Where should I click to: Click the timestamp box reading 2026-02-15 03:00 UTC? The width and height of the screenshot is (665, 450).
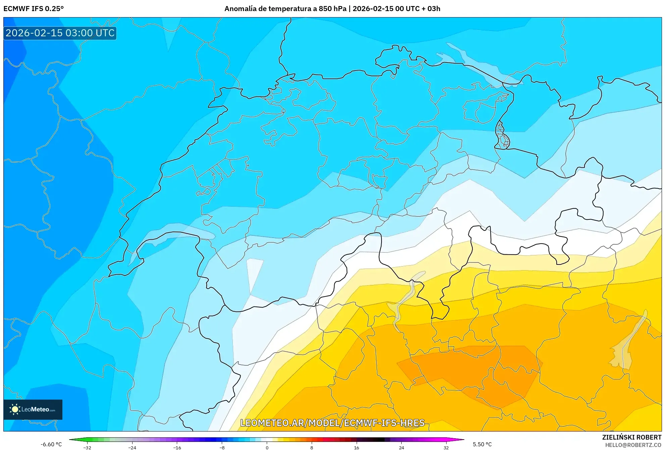pyautogui.click(x=60, y=33)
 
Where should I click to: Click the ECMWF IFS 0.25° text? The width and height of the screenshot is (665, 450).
pyautogui.click(x=34, y=9)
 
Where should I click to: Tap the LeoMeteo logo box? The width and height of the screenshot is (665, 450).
pyautogui.click(x=33, y=409)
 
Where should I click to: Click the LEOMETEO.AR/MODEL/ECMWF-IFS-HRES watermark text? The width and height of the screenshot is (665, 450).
pyautogui.click(x=332, y=423)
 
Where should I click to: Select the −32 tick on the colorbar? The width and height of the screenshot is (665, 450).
pyautogui.click(x=87, y=447)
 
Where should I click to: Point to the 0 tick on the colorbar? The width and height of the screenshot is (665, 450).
pyautogui.click(x=267, y=447)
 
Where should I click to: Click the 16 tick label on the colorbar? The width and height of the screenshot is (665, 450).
pyautogui.click(x=356, y=447)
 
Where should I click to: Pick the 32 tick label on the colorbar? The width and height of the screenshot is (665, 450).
pyautogui.click(x=446, y=447)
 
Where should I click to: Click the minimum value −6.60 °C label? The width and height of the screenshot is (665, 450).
pyautogui.click(x=51, y=444)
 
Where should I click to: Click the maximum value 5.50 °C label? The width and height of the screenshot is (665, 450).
pyautogui.click(x=482, y=444)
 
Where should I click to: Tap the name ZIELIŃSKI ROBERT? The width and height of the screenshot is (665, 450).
pyautogui.click(x=631, y=437)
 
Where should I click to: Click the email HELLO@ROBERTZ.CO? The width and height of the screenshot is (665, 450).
pyautogui.click(x=633, y=445)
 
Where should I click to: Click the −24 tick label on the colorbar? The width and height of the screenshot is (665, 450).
pyautogui.click(x=132, y=447)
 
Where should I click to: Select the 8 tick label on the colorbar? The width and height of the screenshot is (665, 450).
pyautogui.click(x=312, y=447)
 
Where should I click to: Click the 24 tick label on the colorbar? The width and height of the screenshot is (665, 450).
pyautogui.click(x=401, y=447)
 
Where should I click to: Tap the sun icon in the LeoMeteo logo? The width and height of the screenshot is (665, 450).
pyautogui.click(x=15, y=409)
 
